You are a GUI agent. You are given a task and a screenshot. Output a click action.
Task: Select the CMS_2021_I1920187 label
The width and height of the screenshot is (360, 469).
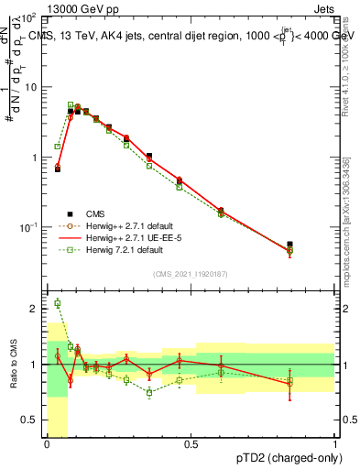pos(190,273)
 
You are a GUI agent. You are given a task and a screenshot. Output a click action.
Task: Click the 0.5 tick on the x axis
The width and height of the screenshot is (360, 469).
pos(191,444)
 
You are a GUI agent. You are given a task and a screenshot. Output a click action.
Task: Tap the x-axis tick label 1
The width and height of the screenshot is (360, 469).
pos(334,444)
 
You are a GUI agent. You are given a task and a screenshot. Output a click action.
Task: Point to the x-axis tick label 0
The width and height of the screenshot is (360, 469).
pos(47,444)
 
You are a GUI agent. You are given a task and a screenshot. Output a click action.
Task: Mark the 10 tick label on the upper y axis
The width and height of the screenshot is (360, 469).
pos(32,87)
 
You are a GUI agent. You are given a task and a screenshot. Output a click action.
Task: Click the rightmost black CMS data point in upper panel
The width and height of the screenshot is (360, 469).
pos(290,245)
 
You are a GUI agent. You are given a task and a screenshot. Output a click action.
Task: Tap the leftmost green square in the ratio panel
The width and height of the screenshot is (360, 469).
pos(58,303)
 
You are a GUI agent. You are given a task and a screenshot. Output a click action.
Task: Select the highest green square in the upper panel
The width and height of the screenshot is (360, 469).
pos(71,105)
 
